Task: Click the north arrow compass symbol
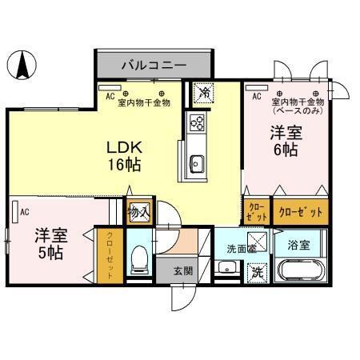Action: click(x=23, y=65)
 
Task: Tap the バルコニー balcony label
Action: click(x=154, y=64)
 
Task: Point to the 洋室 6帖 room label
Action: click(x=284, y=141)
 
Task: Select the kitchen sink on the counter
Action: click(x=197, y=165)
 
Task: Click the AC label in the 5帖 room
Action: click(x=25, y=212)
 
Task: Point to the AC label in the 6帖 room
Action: click(x=256, y=97)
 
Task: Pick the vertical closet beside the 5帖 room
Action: click(x=110, y=257)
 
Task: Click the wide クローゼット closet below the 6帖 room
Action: click(x=301, y=212)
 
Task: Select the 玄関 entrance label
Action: click(x=183, y=272)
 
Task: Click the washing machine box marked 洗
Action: click(x=258, y=272)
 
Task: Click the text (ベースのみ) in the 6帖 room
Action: click(x=296, y=110)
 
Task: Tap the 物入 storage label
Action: click(x=138, y=212)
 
